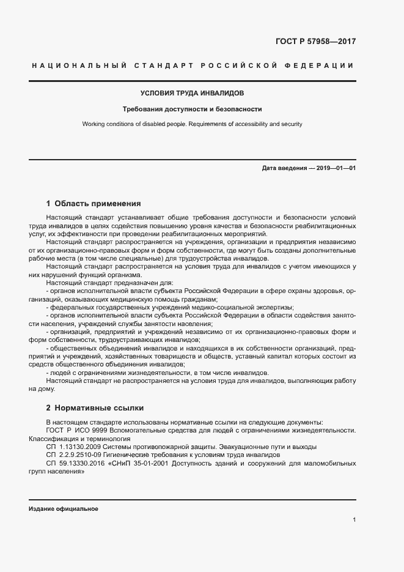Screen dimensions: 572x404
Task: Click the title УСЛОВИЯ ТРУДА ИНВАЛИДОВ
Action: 193,94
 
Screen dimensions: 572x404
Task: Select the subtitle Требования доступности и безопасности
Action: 193,110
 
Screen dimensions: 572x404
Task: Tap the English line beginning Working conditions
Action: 193,124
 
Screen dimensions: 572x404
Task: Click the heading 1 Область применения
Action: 94,203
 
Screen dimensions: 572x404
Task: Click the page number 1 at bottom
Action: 354,519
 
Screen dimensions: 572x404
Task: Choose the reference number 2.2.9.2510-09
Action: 82,455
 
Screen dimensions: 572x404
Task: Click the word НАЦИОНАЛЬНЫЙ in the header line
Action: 78,65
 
